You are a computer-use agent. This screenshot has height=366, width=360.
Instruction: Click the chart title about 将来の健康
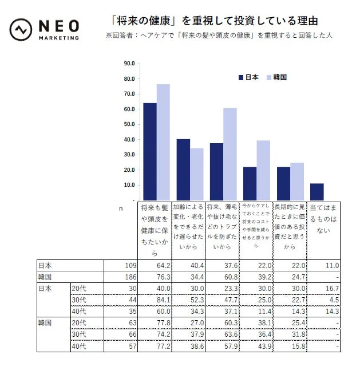click(x=214, y=21)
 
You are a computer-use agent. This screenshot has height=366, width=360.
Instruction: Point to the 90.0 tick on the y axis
click(x=129, y=64)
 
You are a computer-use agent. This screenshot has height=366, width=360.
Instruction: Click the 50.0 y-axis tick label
click(x=129, y=124)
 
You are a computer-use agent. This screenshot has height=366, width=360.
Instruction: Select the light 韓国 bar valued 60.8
click(x=230, y=154)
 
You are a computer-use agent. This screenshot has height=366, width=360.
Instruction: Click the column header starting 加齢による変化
click(x=189, y=226)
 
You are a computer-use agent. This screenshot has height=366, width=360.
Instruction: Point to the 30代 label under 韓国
click(x=79, y=335)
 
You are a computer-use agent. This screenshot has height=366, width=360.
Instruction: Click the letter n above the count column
click(x=120, y=210)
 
